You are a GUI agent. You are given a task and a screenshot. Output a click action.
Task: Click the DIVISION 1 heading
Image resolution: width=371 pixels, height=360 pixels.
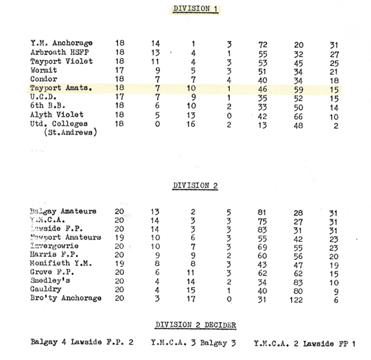(x=195, y=9)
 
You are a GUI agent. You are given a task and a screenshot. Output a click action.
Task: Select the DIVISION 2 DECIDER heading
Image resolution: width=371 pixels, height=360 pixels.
(x=196, y=325)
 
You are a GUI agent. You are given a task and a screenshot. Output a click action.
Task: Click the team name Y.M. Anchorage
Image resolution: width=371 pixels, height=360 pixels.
(x=61, y=43)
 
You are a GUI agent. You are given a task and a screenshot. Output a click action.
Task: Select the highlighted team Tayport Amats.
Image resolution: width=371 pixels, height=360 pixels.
(x=61, y=88)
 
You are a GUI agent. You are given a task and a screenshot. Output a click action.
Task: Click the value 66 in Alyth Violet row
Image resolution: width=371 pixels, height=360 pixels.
(x=298, y=117)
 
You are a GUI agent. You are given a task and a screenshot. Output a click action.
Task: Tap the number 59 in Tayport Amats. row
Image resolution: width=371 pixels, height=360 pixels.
(x=298, y=90)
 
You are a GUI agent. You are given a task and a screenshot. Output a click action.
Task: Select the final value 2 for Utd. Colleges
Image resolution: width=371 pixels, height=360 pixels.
(x=336, y=126)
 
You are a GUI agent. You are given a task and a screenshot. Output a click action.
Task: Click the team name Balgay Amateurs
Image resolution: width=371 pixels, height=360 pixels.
(x=63, y=211)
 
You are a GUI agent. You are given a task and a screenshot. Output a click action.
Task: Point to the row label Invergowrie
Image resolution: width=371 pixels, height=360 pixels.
(x=54, y=246)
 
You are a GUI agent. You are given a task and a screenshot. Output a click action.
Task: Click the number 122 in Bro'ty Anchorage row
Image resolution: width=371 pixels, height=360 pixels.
(x=296, y=300)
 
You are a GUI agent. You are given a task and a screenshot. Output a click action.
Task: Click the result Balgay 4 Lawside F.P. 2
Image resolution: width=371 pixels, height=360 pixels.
(x=82, y=342)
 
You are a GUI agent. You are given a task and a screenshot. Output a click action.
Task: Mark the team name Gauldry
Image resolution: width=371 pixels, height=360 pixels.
(x=46, y=289)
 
